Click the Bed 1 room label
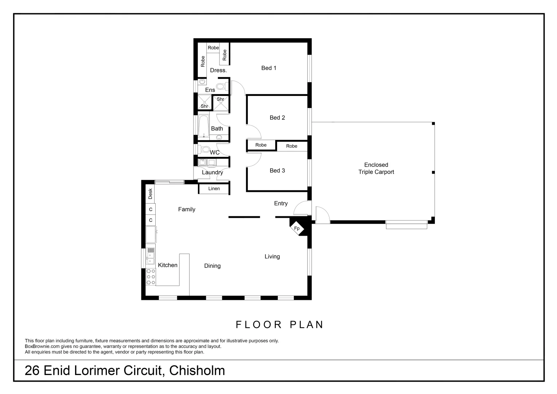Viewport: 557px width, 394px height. [269, 68]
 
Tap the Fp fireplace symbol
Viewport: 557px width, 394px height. [297, 228]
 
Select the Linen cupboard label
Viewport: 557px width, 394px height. [214, 188]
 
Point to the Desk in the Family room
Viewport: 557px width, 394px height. [150, 193]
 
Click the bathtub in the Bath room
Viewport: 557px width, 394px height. [204, 126]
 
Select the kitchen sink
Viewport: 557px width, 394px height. [151, 256]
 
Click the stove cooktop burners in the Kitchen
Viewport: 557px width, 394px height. [151, 277]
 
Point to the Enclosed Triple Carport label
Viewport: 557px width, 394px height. [376, 168]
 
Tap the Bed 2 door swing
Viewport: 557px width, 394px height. [254, 132]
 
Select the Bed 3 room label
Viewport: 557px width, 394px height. [277, 170]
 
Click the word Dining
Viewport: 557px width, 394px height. [213, 266]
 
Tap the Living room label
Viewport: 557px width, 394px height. [272, 256]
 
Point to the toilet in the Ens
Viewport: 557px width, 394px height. [222, 86]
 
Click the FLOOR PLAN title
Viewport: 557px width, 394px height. [279, 325]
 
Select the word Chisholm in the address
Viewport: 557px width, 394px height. [197, 370]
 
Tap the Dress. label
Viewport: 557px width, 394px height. [218, 70]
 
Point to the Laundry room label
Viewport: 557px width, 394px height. [213, 172]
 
